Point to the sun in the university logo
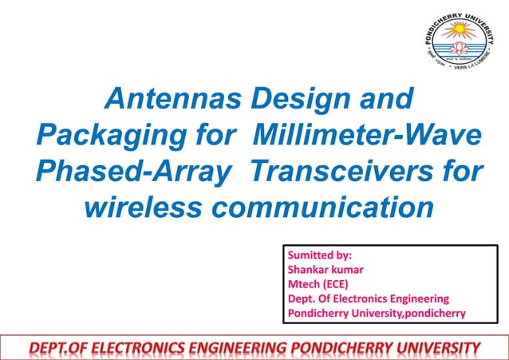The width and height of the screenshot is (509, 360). click(x=458, y=32)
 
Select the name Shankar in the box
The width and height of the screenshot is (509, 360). click(x=310, y=270)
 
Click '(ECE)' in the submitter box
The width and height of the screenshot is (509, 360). click(x=337, y=284)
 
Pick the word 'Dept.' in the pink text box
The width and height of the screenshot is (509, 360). click(x=303, y=299)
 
